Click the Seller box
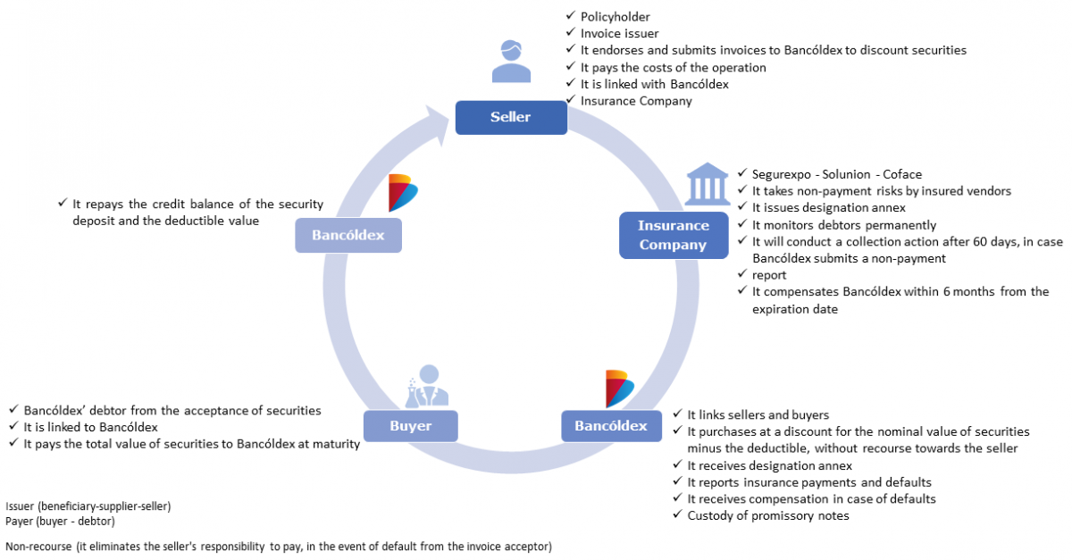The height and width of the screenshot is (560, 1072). click(510, 117)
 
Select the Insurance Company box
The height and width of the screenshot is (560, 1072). click(674, 235)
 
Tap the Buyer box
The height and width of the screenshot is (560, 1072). click(411, 426)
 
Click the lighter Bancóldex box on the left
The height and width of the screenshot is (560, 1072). click(348, 236)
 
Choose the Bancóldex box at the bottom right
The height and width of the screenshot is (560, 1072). click(611, 426)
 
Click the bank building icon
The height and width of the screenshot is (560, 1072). click(706, 185)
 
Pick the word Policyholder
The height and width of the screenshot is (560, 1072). click(616, 16)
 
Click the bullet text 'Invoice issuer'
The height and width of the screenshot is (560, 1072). click(619, 33)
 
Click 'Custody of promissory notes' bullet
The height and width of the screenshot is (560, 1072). click(768, 515)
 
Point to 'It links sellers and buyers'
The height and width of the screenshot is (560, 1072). click(758, 414)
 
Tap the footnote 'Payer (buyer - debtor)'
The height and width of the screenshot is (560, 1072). click(60, 521)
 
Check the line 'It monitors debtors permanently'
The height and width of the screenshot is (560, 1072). click(844, 225)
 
